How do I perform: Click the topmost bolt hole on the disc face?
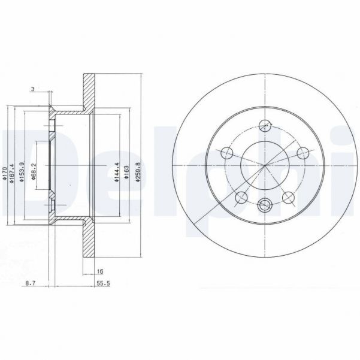coord(265,125)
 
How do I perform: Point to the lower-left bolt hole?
coord(241,197)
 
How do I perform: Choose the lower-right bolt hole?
coord(288,197)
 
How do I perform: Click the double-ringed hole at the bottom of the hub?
coord(265,206)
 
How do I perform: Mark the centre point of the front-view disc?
coord(265,166)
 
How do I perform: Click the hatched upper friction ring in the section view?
coord(89,93)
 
